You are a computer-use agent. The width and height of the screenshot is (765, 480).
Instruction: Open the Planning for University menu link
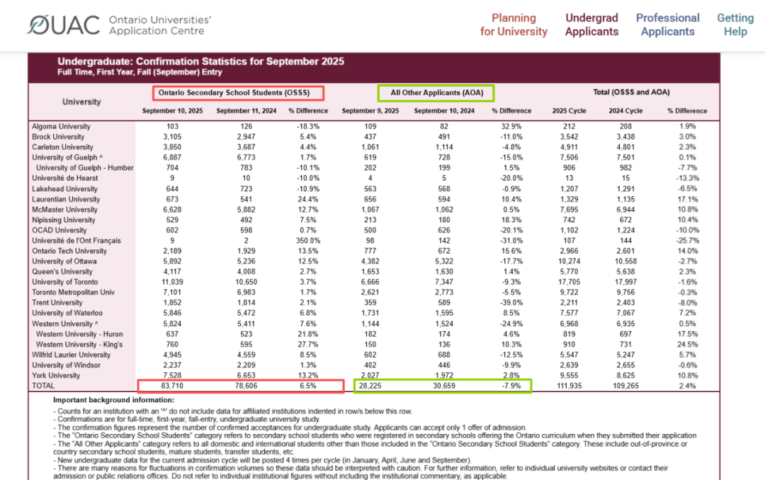coord(514,25)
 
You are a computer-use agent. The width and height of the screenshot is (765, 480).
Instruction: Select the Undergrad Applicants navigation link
coord(591,25)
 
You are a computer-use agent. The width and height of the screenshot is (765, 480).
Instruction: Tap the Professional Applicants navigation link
coord(667,25)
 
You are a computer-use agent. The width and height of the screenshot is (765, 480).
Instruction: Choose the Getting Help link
coord(735,25)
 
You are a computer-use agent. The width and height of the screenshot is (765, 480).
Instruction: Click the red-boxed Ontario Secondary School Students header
coord(238,92)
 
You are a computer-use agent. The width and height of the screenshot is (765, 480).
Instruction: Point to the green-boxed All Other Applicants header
coord(436,92)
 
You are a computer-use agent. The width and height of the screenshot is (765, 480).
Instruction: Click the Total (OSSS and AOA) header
coord(631,92)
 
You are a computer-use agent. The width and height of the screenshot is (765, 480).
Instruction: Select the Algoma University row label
coord(61,126)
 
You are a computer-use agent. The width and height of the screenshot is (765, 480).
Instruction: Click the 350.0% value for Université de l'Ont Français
coord(308,240)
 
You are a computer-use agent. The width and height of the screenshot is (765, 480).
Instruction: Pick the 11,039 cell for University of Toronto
coord(173,282)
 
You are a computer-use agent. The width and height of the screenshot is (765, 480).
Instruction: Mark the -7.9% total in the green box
coord(511,386)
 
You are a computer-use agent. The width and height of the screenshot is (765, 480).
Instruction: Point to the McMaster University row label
coord(64,210)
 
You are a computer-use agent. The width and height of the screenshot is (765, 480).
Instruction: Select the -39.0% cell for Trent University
coord(511,302)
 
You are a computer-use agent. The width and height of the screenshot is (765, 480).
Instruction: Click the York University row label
coord(56,375)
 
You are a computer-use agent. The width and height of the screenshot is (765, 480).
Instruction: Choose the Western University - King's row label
coord(79,344)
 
